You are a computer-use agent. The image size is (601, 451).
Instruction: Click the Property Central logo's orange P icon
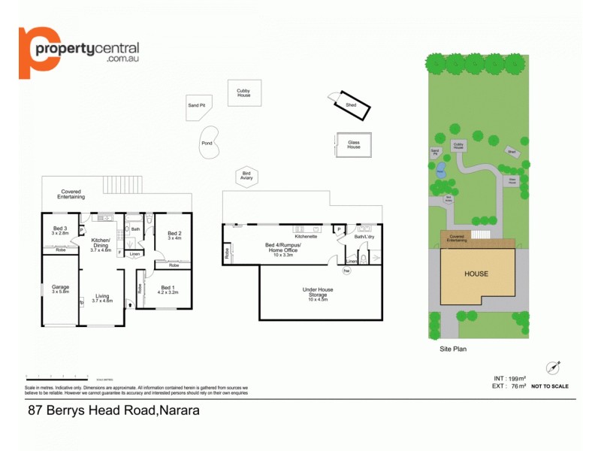(38, 51)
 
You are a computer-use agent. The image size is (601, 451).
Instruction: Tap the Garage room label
(60, 288)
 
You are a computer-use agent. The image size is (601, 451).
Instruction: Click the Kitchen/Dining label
(101, 245)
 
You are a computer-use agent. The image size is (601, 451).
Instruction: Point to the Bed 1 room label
(168, 288)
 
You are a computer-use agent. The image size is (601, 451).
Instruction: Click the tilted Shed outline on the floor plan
(352, 105)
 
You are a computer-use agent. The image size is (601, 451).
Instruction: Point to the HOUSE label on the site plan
(475, 274)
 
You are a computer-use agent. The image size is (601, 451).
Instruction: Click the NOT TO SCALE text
(550, 386)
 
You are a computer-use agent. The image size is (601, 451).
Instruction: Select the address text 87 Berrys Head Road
(113, 411)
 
